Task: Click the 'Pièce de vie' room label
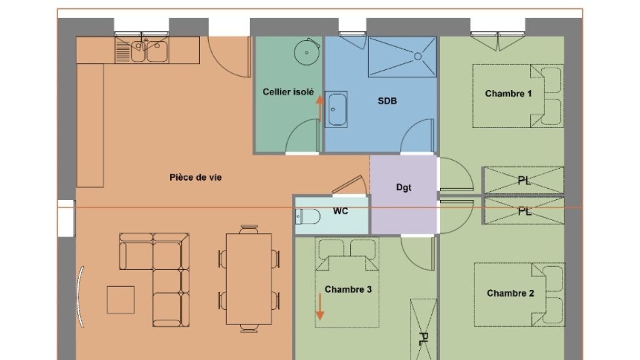pos(196,177)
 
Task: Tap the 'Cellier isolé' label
pos(288,92)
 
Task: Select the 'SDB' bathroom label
pos(387,101)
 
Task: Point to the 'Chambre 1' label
pos(508,94)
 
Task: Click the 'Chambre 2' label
pos(510,293)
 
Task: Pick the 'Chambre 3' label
pos(348,289)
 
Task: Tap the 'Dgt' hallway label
pos(404,187)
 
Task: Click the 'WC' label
pos(341,211)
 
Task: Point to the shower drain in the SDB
pos(418,56)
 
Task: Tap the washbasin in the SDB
pos(336,109)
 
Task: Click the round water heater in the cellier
pos(306,52)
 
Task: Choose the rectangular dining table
pos(249,279)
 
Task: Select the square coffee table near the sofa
pos(121,300)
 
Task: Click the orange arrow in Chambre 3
pos(320,306)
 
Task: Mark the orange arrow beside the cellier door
pos(320,109)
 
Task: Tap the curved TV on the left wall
pos(81,296)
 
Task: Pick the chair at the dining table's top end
pos(249,229)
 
